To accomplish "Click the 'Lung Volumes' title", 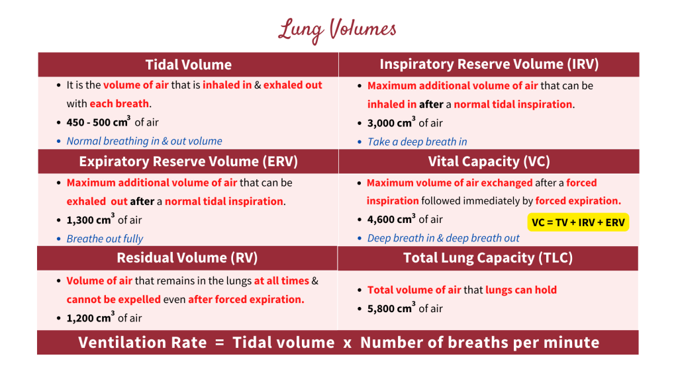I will coord(338,29).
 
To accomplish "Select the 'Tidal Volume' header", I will coord(189,65).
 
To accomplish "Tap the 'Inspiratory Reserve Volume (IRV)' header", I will coord(489,64).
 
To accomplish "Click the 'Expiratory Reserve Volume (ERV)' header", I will coord(189,162).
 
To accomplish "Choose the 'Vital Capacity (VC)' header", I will coord(489,162).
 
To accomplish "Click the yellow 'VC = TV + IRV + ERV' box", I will coord(578,222).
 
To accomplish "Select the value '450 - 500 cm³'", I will coord(98,122).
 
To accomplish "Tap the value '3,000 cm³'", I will coord(391,123).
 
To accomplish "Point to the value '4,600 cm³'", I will coord(391,220).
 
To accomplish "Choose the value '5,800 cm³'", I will coord(391,308).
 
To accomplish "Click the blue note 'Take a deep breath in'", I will coord(417,142).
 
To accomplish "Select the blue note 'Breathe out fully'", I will coord(105,239).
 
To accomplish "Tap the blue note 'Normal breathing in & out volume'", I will coord(144,141).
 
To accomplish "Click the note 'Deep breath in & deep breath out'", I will coord(444,238).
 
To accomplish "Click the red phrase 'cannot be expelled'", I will coord(113,300).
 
